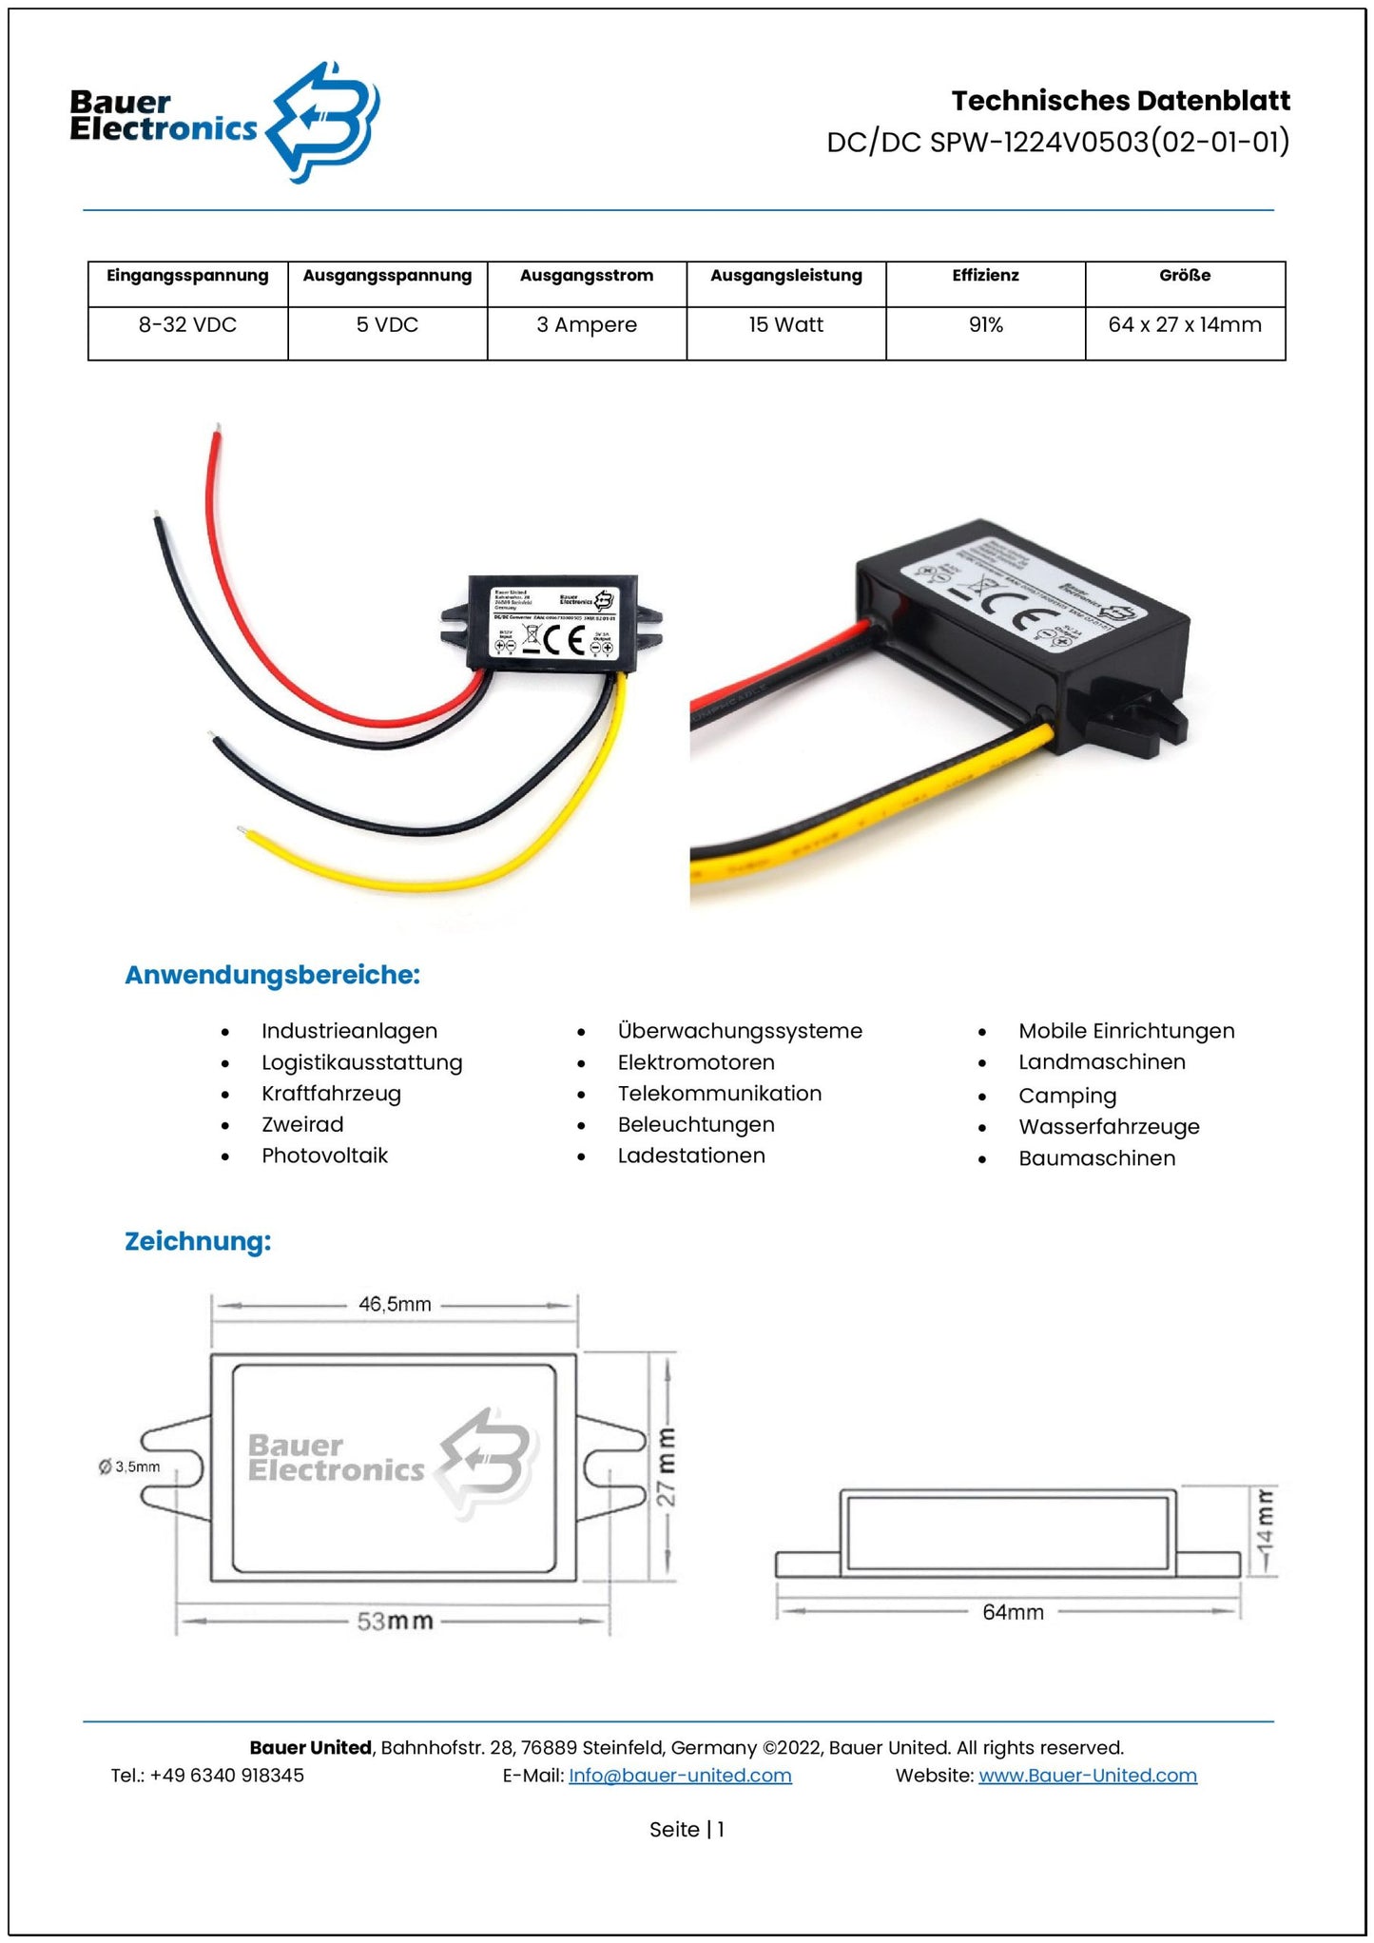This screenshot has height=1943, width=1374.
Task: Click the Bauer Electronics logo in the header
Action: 224,121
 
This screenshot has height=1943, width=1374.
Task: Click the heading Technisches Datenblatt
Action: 1120,101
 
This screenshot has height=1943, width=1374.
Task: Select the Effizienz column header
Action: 985,276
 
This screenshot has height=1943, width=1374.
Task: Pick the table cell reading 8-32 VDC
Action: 187,325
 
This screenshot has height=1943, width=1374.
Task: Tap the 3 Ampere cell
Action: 587,325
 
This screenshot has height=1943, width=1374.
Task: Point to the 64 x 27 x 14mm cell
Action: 1185,325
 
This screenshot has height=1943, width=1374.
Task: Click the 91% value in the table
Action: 986,325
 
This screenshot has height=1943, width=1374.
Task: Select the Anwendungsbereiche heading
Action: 273,975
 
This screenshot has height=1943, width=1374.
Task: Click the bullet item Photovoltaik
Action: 325,1156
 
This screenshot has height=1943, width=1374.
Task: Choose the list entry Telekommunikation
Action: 720,1094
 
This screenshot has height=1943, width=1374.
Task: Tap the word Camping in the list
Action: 1068,1096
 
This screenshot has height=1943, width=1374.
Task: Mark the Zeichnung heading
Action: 198,1241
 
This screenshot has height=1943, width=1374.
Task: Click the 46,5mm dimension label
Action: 395,1305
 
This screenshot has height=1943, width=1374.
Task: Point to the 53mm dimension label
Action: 395,1621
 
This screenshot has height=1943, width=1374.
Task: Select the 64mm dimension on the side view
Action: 1013,1612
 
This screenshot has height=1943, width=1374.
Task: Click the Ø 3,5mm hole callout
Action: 130,1467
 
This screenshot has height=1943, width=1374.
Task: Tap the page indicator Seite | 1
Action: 687,1829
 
